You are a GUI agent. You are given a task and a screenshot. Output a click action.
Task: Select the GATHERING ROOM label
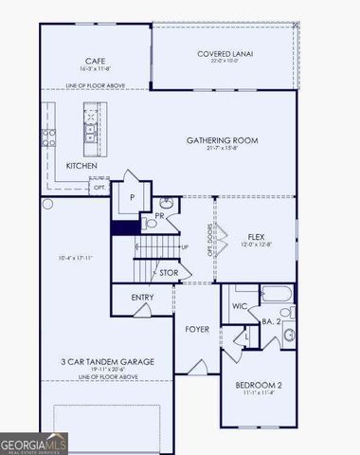(222, 140)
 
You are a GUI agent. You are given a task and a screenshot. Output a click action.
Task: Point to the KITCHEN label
(81, 166)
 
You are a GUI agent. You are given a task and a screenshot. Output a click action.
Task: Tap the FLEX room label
(256, 236)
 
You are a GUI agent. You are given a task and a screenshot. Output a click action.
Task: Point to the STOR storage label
(169, 273)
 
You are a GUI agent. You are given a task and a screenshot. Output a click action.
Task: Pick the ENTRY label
(142, 298)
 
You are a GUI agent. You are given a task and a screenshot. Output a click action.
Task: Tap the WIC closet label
(240, 305)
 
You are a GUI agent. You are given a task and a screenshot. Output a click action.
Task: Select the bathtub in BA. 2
(277, 293)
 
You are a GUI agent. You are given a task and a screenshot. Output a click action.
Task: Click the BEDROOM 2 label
(258, 385)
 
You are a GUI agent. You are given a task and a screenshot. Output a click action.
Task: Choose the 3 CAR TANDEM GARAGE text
(106, 361)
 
